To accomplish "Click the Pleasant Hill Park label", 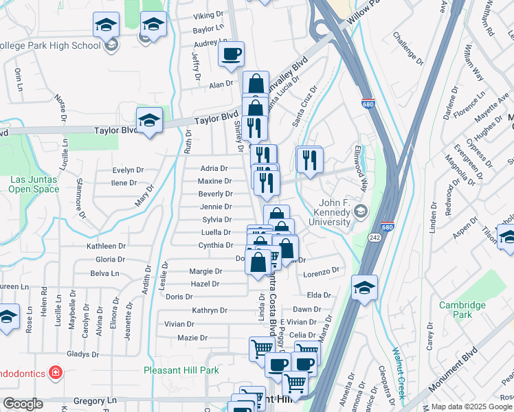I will pos(181,370).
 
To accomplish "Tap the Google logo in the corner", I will pos(23,404).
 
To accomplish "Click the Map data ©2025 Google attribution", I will pos(472,407).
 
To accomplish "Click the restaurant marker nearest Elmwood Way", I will pos(309,160).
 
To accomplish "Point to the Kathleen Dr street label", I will pos(106,246).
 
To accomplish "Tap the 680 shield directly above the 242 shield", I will pos(388,226).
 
